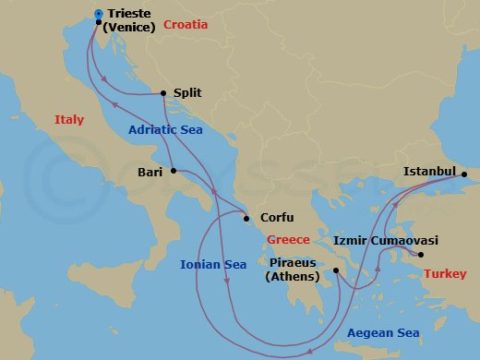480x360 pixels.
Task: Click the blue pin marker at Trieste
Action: click(x=99, y=14)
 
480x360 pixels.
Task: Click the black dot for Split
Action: click(x=163, y=93)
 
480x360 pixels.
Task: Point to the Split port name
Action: click(x=187, y=93)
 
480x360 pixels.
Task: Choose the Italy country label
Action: click(x=69, y=120)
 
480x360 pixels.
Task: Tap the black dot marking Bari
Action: click(x=174, y=172)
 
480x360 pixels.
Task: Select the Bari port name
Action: click(x=150, y=172)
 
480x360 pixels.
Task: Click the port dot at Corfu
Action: click(x=246, y=219)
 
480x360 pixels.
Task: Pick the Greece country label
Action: click(x=288, y=240)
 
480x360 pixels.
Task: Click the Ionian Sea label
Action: click(x=214, y=265)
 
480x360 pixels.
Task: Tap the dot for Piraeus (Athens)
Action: click(x=337, y=270)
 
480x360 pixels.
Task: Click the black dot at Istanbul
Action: click(x=464, y=174)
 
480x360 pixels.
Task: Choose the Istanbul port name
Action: click(x=430, y=172)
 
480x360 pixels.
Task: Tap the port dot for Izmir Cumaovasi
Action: click(x=421, y=255)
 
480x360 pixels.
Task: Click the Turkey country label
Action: click(x=444, y=274)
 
